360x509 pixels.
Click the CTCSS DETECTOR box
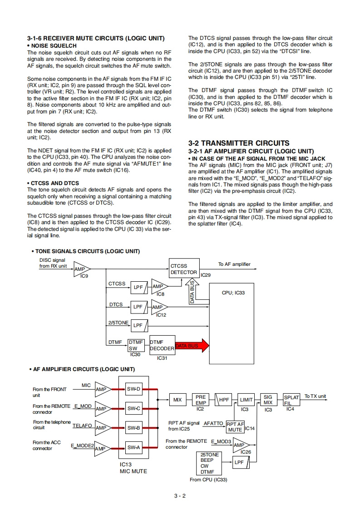click(183, 269)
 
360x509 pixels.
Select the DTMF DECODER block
click(162, 345)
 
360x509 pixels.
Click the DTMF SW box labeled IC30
click(136, 345)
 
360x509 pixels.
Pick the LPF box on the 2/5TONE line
click(138, 325)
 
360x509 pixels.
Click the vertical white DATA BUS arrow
click(192, 291)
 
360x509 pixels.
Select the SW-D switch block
click(133, 389)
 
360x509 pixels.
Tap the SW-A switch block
click(133, 447)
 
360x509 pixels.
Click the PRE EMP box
click(200, 400)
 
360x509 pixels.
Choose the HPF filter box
click(223, 400)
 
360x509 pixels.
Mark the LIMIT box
click(246, 400)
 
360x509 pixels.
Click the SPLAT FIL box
click(291, 400)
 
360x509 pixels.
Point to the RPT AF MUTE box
click(235, 427)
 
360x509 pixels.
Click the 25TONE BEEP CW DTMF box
click(210, 463)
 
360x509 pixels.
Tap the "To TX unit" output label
click(315, 396)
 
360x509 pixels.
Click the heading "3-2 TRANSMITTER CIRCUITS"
click(238, 143)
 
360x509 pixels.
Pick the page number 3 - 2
click(180, 495)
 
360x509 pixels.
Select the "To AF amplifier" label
click(234, 264)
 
